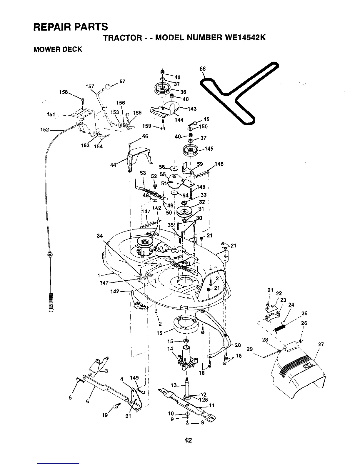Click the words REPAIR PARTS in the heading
coord(71,27)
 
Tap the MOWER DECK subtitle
coord(58,49)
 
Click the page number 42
coord(188,440)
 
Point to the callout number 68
coord(202,69)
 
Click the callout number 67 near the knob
coord(123,81)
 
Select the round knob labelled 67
coord(108,86)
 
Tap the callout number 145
coord(209,149)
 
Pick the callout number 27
coord(321,345)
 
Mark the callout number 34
coord(100,236)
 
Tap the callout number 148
coord(219,164)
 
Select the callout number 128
coord(204,400)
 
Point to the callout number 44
coord(113,165)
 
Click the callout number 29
coord(250,349)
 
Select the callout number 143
coord(192,109)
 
